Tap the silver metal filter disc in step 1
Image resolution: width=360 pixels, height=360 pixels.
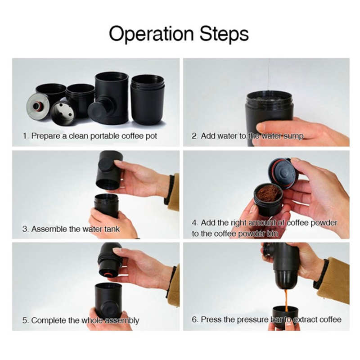click(38, 106)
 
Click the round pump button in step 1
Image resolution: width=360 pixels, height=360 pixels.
click(97, 111)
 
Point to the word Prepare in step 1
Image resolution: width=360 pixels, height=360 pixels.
click(46, 135)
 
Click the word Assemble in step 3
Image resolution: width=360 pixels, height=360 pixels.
click(49, 229)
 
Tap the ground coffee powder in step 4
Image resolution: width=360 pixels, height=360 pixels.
click(268, 193)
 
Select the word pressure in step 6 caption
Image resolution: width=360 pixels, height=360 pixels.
click(249, 319)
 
